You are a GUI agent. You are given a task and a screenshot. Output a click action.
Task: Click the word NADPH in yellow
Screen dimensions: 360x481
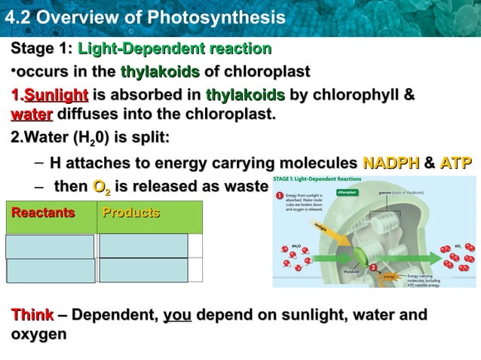[389, 163]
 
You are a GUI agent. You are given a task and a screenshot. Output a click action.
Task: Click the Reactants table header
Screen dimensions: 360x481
[44, 212]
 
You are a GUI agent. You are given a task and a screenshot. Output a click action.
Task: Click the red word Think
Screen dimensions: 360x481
[32, 314]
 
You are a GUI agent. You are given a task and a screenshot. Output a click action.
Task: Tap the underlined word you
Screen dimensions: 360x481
[177, 314]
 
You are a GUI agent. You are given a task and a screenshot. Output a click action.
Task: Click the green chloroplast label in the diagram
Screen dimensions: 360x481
[347, 192]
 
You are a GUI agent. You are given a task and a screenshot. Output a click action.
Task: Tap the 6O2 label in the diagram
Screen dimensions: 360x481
[459, 245]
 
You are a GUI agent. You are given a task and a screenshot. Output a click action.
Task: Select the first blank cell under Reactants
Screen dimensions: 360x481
[51, 246]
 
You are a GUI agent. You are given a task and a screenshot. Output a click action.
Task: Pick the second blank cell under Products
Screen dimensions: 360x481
[143, 270]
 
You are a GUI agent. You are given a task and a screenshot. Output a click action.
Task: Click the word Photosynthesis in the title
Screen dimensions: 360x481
[213, 16]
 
